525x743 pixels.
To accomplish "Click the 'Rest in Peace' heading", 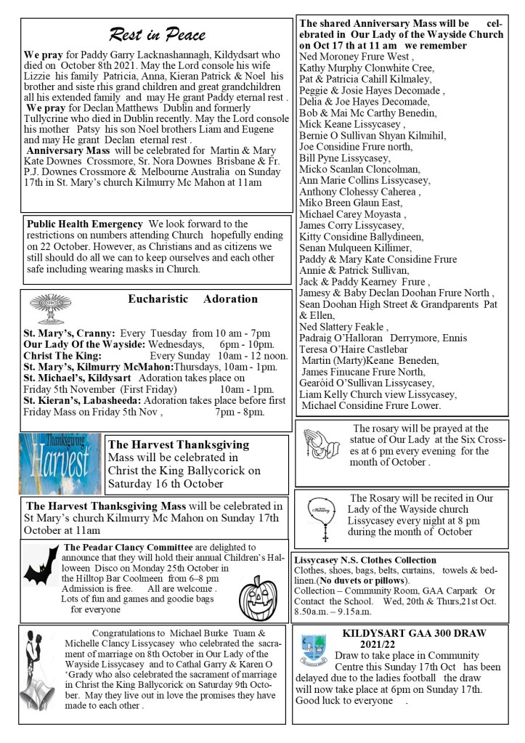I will coord(157,33).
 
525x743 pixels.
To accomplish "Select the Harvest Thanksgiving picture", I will coord(60,463).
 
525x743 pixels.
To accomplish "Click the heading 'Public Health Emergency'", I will coord(84,224).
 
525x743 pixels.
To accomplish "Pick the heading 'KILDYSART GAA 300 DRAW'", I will coord(414,633).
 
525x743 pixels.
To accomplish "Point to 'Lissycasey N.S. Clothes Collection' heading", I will coord(365,560).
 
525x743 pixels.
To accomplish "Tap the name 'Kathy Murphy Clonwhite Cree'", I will coord(357,68).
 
